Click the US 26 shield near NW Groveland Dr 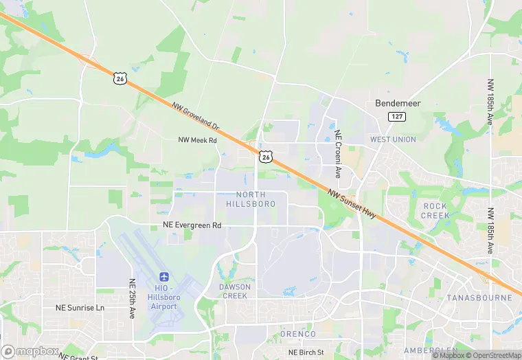[120, 79]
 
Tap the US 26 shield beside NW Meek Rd [266, 157]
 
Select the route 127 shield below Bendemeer [396, 117]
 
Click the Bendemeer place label [398, 103]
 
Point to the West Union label [393, 139]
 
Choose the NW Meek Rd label [197, 140]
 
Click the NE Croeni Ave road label [338, 145]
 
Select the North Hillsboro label [251, 199]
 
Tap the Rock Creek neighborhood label [435, 210]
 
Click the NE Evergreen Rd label [192, 225]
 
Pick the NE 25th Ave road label [132, 298]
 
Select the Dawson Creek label [235, 291]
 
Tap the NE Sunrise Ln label [80, 308]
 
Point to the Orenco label [298, 334]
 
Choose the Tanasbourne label [479, 298]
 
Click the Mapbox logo [30, 351]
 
